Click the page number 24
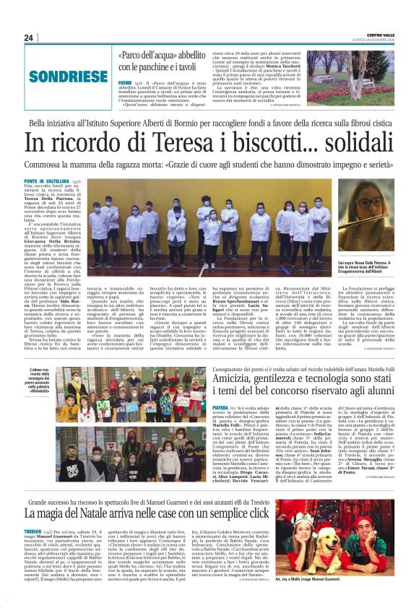pyautogui.click(x=29, y=38)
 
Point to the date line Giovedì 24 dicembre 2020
pyautogui.click(x=382, y=40)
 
